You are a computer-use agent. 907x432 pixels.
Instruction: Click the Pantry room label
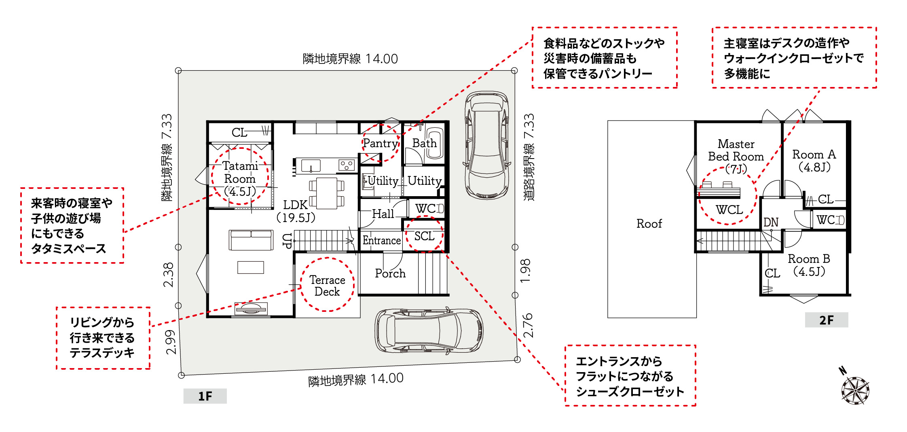tap(380, 143)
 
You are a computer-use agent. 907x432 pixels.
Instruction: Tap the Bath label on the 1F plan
tap(425, 143)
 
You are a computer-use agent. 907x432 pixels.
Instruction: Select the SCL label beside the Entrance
tap(424, 236)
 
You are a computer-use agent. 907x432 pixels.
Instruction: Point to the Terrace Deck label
tap(327, 286)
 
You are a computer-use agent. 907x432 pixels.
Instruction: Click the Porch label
tap(390, 273)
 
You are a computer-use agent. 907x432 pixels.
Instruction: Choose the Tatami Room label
tap(240, 178)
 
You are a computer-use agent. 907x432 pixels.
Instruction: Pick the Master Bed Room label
tap(736, 156)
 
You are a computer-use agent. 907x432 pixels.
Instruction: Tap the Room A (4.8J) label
tap(814, 161)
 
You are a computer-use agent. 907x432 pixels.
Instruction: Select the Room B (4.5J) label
tap(809, 265)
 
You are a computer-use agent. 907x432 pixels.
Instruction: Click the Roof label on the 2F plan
tap(649, 224)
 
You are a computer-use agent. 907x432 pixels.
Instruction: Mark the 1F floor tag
tap(205, 396)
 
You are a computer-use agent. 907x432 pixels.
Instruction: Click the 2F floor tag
tap(827, 320)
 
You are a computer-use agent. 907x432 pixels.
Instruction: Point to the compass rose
tap(855, 390)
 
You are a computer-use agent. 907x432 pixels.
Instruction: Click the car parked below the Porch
tap(429, 330)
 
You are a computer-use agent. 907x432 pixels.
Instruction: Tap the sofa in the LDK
tap(251, 240)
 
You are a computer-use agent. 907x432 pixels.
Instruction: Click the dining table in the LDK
tap(327, 193)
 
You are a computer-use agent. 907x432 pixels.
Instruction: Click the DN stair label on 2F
tap(771, 222)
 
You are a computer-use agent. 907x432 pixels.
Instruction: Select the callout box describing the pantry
tap(605, 58)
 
